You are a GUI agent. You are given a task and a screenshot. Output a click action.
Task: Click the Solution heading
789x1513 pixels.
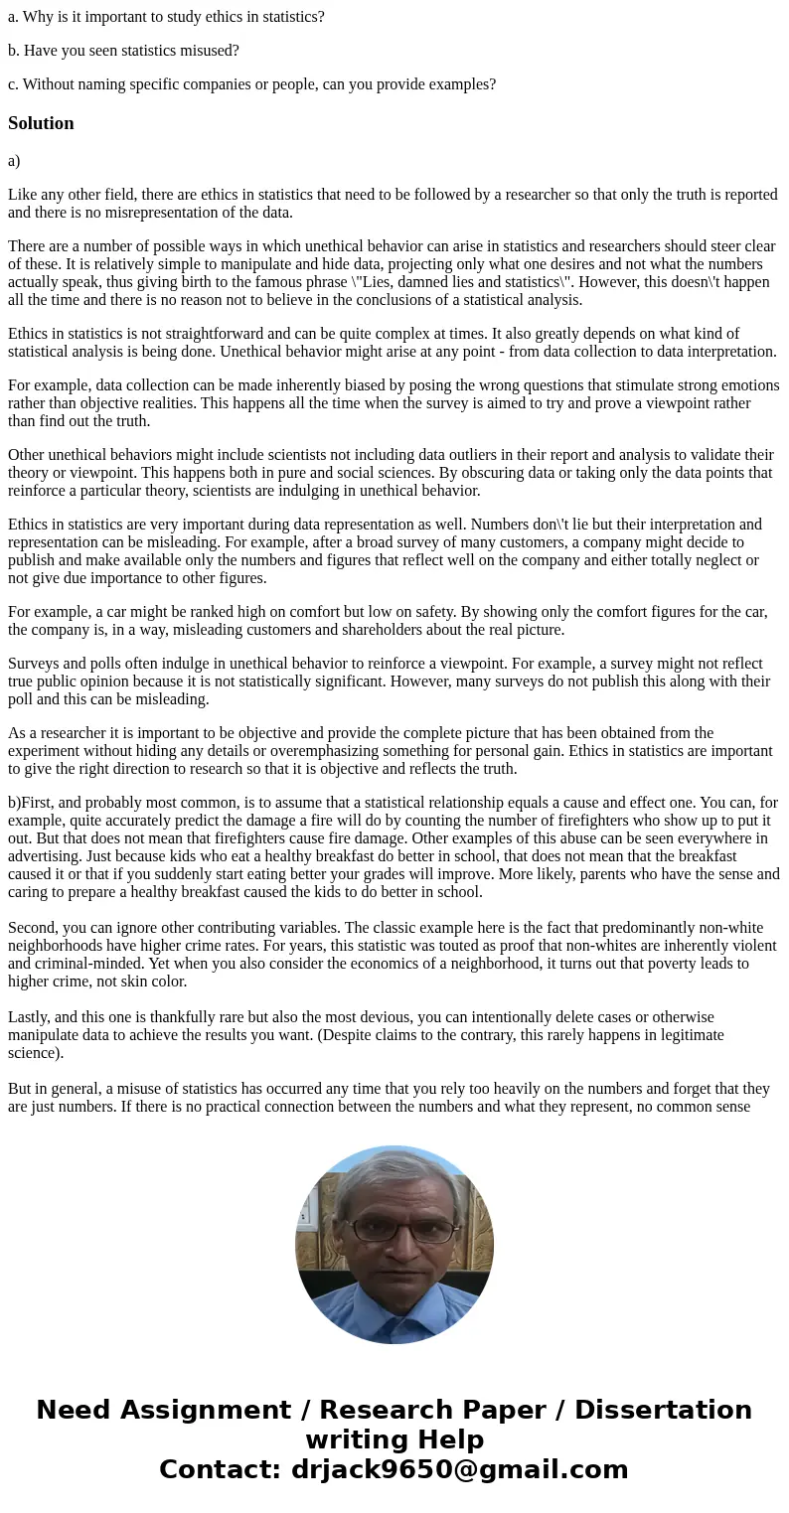tap(41, 123)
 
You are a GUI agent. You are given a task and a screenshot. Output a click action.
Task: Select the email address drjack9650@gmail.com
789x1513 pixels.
tap(459, 1470)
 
